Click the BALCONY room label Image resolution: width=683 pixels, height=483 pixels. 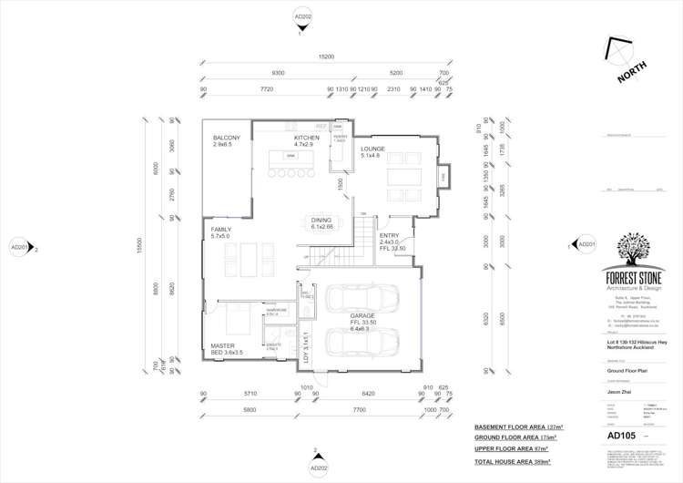(227, 138)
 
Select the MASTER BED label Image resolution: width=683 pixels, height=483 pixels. (225, 347)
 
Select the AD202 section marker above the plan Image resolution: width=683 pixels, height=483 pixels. (302, 17)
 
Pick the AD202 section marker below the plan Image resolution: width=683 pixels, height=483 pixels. (315, 467)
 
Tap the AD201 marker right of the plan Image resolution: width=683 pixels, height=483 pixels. (586, 244)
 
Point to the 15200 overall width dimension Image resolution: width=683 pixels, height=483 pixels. (327, 57)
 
